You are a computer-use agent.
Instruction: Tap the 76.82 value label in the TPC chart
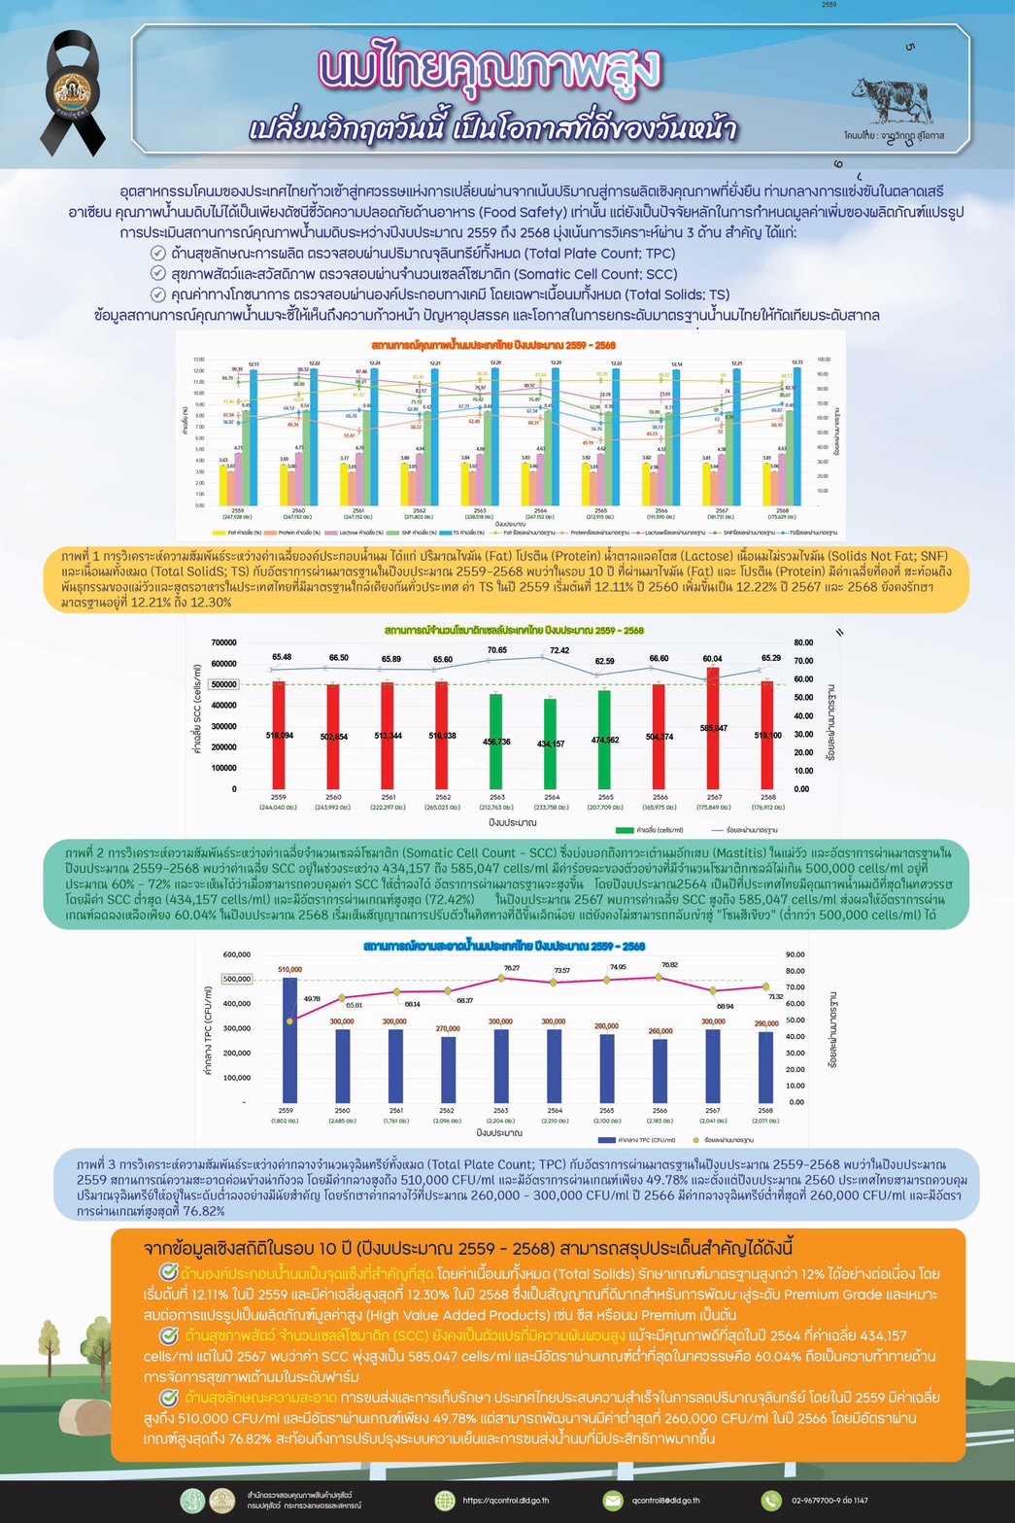[x=668, y=965]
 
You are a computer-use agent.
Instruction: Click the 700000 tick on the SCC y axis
[x=223, y=642]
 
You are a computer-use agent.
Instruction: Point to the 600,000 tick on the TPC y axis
[x=236, y=954]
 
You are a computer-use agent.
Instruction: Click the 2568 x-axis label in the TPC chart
[x=766, y=1110]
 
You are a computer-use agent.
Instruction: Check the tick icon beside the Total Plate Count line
[x=158, y=253]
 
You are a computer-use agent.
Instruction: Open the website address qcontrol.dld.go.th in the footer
[x=500, y=1501]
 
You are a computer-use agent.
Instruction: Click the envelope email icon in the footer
[x=613, y=1501]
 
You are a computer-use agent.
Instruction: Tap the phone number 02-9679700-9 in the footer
[x=829, y=1501]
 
